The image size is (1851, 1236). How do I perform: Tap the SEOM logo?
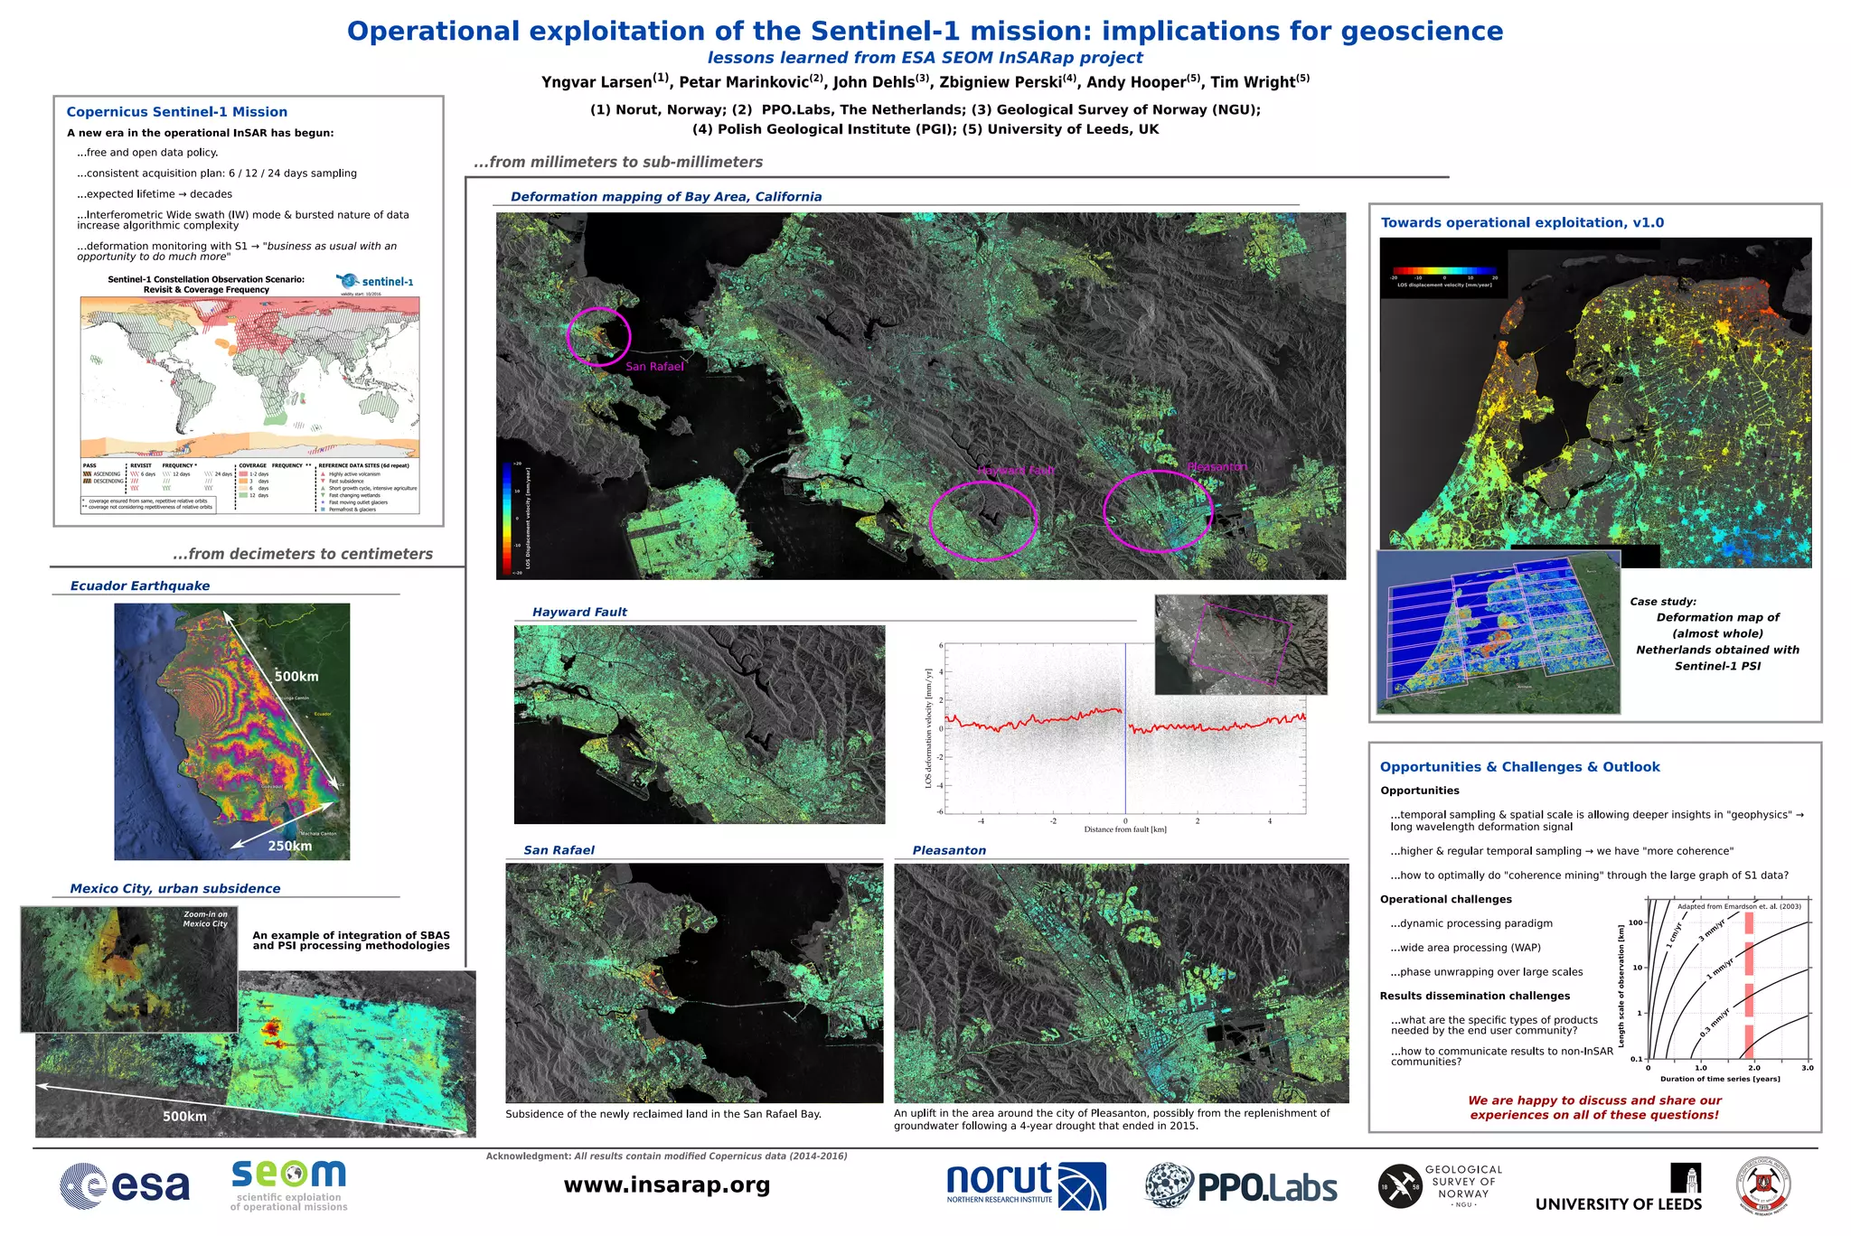point(288,1184)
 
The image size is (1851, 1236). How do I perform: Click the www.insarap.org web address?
point(667,1185)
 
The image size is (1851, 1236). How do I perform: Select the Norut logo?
point(1026,1185)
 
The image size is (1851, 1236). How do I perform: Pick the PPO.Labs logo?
point(1241,1186)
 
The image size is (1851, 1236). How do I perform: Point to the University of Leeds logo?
point(1619,1188)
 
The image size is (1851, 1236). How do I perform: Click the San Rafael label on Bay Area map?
point(654,367)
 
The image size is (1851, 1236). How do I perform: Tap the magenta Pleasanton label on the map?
point(1217,467)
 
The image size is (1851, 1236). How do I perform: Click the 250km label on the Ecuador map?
point(289,847)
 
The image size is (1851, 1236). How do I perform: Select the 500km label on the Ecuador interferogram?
point(296,677)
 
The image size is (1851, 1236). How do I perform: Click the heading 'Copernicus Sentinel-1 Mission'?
point(177,112)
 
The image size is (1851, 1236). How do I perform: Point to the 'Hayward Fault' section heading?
point(579,613)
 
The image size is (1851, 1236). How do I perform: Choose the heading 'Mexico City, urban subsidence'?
point(175,889)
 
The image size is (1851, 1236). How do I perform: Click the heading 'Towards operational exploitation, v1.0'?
point(1522,223)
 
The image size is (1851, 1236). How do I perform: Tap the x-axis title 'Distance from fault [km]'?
point(1125,829)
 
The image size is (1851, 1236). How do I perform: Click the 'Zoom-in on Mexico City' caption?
point(205,919)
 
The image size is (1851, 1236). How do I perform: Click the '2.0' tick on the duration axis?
point(1753,1068)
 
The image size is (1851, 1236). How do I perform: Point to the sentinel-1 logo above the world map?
point(376,281)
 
